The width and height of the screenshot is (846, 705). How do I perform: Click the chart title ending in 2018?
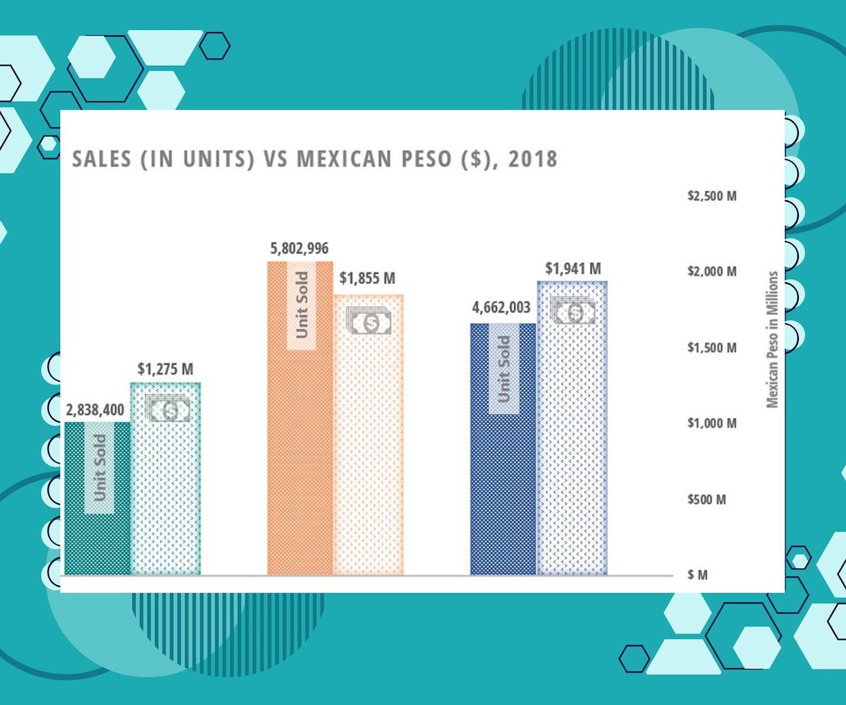click(315, 158)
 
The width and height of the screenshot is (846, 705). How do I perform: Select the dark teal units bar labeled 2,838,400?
click(98, 498)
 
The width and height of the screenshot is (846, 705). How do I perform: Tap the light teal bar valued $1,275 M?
click(165, 478)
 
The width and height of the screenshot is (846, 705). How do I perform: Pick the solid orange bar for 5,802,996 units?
click(300, 418)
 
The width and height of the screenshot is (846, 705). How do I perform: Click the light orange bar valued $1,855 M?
click(368, 434)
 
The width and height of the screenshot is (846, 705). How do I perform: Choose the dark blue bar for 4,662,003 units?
click(503, 449)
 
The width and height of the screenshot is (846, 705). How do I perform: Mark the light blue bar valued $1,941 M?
click(572, 427)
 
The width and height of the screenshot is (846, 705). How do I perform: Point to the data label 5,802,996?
click(300, 248)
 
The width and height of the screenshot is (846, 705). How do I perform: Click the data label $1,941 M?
click(573, 269)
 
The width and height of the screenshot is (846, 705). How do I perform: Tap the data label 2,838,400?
click(95, 410)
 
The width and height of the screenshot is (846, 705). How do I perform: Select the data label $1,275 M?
click(165, 369)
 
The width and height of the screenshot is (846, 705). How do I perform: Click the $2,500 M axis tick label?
click(712, 196)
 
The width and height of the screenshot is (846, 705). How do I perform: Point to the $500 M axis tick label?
click(707, 500)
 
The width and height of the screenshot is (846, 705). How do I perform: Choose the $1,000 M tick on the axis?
click(712, 423)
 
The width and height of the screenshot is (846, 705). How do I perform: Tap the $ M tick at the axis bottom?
click(698, 575)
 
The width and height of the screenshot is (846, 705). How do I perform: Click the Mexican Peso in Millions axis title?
click(772, 339)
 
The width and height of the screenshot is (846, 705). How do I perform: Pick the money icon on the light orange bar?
click(369, 321)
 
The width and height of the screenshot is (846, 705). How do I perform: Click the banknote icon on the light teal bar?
click(167, 408)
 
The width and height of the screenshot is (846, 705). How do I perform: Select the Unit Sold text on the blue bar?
click(503, 369)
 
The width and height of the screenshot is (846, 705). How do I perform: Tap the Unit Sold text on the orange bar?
click(302, 305)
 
